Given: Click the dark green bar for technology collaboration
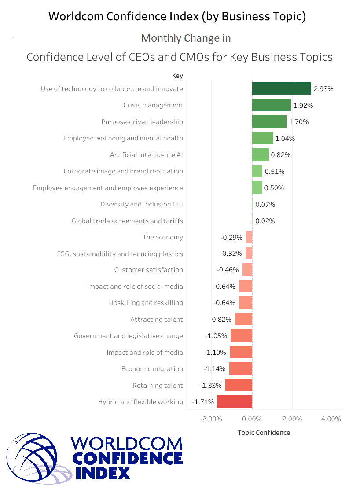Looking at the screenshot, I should click(281, 88).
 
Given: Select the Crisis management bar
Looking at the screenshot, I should click(271, 105).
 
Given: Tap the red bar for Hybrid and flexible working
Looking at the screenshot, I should click(235, 402).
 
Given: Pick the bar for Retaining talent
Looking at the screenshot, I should click(239, 386).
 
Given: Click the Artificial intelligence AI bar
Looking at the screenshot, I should click(260, 154).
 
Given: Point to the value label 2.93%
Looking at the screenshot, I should click(323, 89).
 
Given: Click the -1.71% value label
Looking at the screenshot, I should click(203, 402).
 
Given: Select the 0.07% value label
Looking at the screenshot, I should click(265, 204).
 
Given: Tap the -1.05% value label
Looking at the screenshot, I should click(216, 336).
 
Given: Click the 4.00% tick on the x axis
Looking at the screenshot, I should click(331, 419).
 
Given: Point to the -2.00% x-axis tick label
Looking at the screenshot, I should click(211, 419).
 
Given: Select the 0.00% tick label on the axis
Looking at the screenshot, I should click(252, 419).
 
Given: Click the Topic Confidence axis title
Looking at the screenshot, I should click(264, 433).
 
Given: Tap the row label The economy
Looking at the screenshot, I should click(162, 237).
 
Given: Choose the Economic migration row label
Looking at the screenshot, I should click(152, 369).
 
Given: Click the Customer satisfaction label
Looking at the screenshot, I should click(148, 270).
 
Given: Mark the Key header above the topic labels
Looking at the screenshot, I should click(177, 76).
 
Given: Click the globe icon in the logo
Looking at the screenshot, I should click(35, 458).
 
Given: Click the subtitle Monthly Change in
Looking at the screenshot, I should click(186, 38).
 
